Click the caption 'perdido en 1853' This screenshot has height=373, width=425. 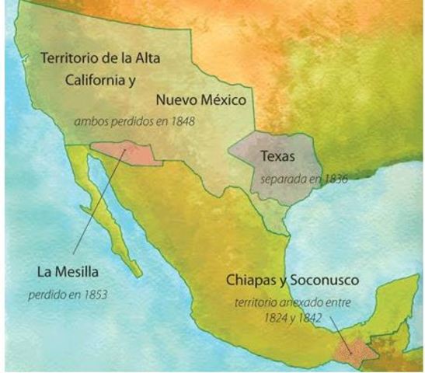(x=68, y=295)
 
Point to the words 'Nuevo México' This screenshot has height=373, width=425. (x=200, y=100)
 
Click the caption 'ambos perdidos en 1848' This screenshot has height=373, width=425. (x=134, y=122)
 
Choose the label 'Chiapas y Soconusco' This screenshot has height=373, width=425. (x=284, y=279)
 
